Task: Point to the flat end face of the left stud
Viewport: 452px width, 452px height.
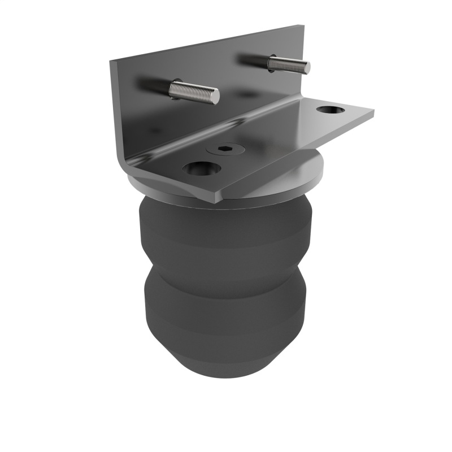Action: (216, 97)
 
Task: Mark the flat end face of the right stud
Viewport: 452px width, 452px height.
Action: (307, 68)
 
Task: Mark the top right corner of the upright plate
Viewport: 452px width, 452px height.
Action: (303, 27)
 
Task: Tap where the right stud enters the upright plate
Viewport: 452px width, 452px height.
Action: (270, 60)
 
